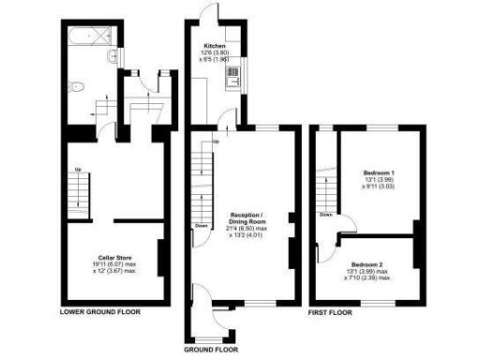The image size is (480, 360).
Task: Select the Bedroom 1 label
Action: pyautogui.click(x=378, y=173)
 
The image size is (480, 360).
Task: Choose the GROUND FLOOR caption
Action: pyautogui.click(x=211, y=348)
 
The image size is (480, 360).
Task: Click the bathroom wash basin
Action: pyautogui.click(x=112, y=59)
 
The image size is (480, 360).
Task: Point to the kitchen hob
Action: pyautogui.click(x=231, y=82)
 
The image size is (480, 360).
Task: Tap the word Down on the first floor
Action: pyautogui.click(x=325, y=215)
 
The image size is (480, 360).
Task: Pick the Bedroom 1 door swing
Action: pyautogui.click(x=346, y=226)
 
